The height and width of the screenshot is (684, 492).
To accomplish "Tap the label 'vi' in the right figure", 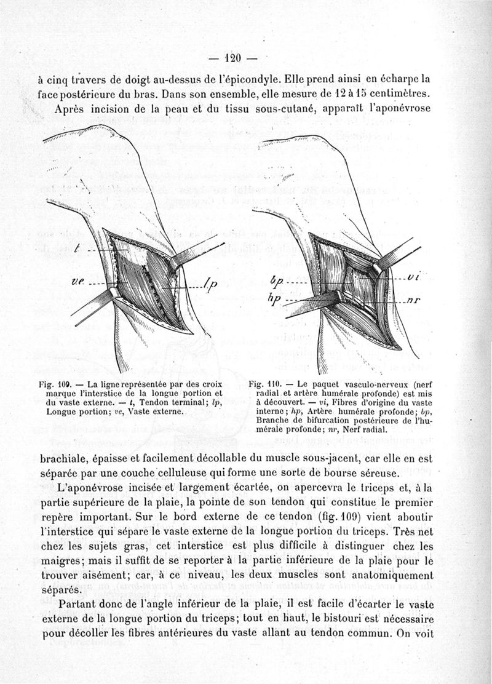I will click(x=413, y=277).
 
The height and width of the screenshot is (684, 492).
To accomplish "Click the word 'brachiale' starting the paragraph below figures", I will click(x=65, y=459).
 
